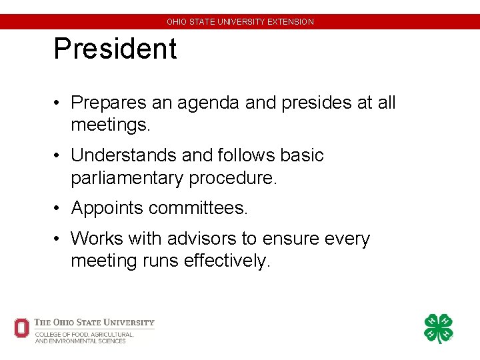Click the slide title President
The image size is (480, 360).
(x=115, y=49)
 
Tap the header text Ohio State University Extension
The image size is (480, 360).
(x=240, y=22)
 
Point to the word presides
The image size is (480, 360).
(x=307, y=103)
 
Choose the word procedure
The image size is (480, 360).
(x=233, y=178)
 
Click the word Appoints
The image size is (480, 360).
(x=107, y=208)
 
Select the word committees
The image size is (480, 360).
(x=198, y=208)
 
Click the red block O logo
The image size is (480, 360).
(x=22, y=327)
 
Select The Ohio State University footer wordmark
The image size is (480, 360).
(x=94, y=323)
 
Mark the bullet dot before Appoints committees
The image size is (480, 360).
(x=59, y=209)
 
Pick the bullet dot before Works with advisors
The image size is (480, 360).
(x=59, y=239)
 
